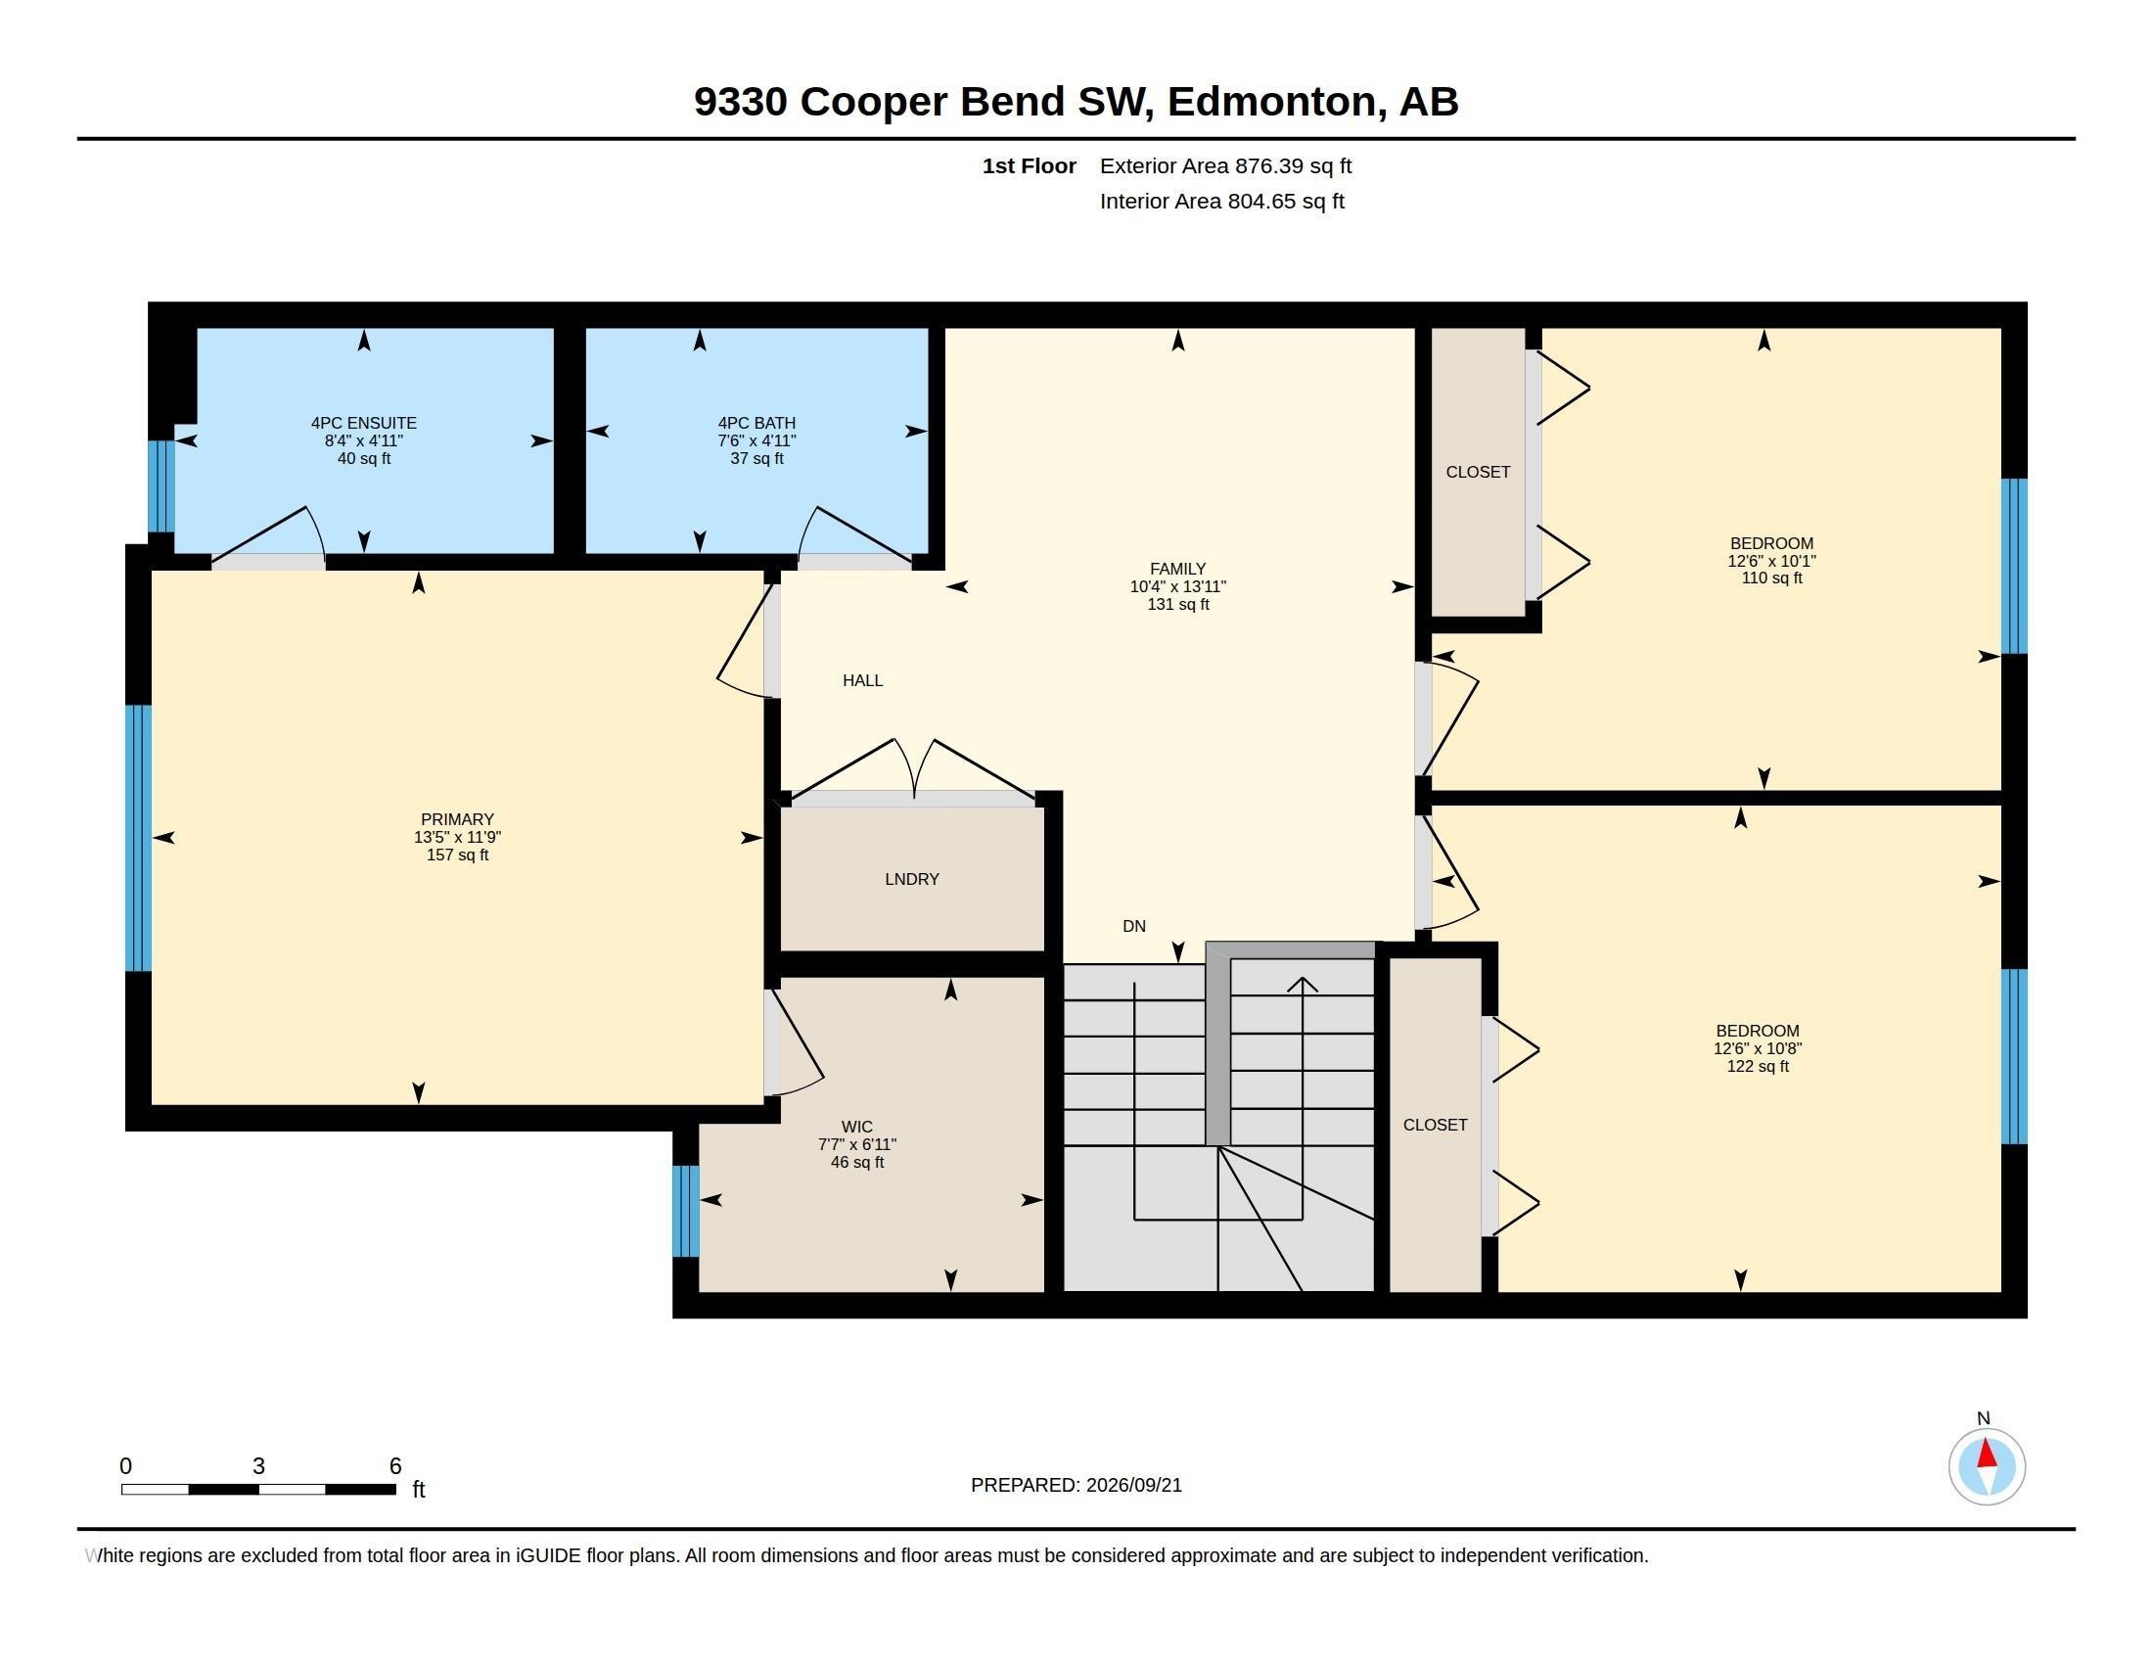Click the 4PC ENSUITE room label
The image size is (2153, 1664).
tap(364, 423)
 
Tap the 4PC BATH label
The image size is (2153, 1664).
tap(756, 423)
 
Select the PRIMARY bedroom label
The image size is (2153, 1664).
tap(457, 819)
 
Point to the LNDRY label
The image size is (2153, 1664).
tap(912, 879)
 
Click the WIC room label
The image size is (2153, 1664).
tap(856, 1127)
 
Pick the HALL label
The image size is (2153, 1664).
tap(862, 680)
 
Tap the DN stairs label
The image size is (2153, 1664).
tap(1133, 926)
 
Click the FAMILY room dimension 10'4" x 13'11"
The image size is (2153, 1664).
tap(1178, 586)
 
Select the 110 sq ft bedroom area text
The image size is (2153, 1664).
tap(1771, 578)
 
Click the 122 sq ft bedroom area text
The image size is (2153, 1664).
tap(1758, 1067)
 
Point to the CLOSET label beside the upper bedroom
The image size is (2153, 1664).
tap(1478, 472)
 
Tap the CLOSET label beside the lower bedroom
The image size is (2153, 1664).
tap(1436, 1125)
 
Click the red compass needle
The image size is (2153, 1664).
tap(1987, 1454)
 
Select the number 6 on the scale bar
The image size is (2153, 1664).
tap(395, 1466)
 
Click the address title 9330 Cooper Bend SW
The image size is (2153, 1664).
tap(924, 102)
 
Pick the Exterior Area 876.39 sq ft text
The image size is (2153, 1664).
tap(1225, 166)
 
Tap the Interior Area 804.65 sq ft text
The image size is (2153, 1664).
tap(1221, 201)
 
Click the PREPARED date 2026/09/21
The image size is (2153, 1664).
tap(1133, 1485)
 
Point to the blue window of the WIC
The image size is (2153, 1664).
tap(686, 1212)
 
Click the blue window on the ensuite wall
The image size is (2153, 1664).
tap(160, 486)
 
